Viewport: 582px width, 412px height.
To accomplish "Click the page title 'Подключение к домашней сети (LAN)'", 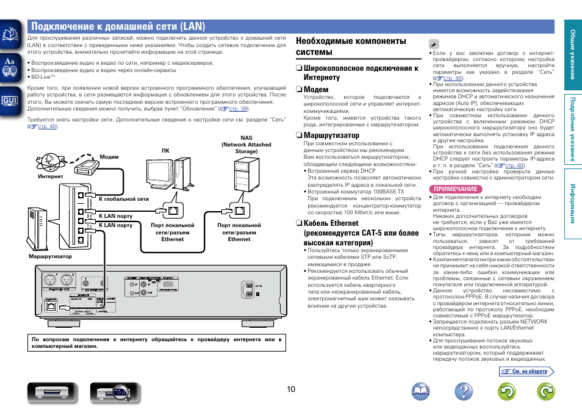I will [118, 26].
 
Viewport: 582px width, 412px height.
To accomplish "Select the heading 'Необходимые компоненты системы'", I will [351, 46].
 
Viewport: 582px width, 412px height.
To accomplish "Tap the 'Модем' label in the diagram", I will [109, 157].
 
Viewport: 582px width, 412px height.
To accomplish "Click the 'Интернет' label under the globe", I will [51, 176].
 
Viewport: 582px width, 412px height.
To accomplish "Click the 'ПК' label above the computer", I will [165, 150].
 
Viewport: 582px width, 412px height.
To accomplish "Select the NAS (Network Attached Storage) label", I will [246, 145].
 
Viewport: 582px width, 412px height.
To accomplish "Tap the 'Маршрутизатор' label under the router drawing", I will [50, 256].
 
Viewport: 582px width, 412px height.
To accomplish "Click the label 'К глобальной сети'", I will [124, 199].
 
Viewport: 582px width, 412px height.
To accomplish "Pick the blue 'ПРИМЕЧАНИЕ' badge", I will [455, 189].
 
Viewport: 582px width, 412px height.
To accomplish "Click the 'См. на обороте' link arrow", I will [527, 371].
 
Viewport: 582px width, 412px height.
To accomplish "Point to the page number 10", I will [291, 389].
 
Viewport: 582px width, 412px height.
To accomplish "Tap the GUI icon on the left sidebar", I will [10, 99].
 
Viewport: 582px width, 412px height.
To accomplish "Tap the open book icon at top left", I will [10, 35].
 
